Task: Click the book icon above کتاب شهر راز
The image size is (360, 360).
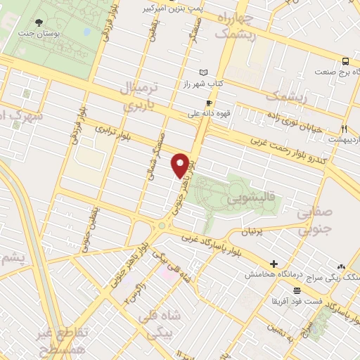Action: pyautogui.click(x=204, y=72)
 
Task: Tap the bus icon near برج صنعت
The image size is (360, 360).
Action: pyautogui.click(x=345, y=61)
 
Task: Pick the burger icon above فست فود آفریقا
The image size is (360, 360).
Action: pyautogui.click(x=298, y=290)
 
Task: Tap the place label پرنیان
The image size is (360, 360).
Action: pyautogui.click(x=256, y=232)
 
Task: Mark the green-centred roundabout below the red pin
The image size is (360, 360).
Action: pyautogui.click(x=164, y=226)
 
